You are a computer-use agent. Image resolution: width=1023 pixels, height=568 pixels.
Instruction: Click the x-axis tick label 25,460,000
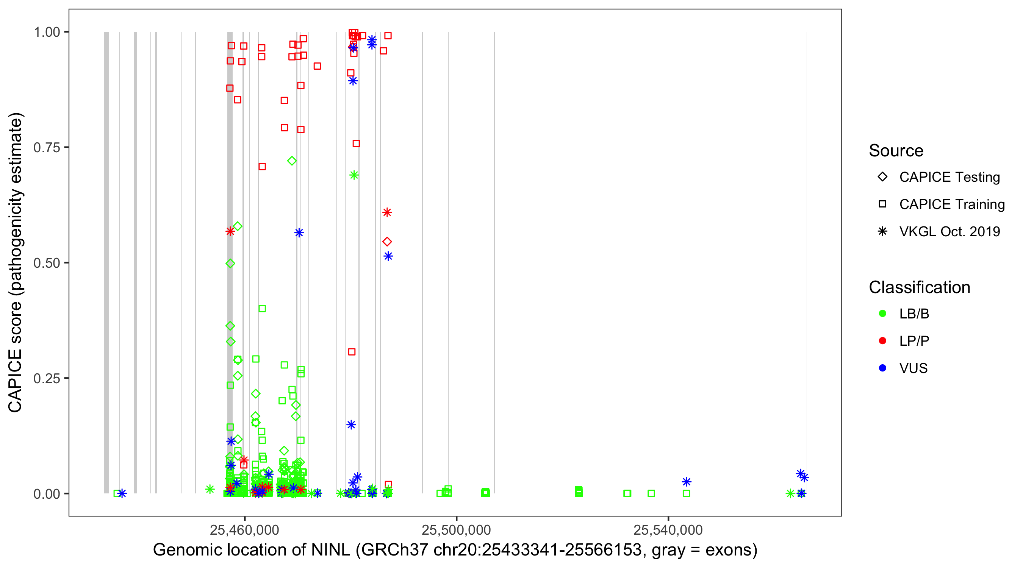(x=244, y=530)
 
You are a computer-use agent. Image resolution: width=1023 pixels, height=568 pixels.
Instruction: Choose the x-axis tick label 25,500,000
(x=456, y=530)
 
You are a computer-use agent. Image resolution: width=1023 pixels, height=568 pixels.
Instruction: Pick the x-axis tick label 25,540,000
(x=668, y=530)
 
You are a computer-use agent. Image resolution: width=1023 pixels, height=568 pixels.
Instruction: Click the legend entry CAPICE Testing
(x=949, y=177)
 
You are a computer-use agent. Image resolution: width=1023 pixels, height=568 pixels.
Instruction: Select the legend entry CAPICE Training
(x=951, y=204)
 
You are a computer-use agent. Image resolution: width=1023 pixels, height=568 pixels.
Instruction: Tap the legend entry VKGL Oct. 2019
(x=949, y=232)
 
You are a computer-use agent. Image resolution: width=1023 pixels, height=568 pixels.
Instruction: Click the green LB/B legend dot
(x=883, y=314)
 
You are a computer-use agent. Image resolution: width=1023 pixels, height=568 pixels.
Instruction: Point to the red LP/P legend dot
(x=883, y=341)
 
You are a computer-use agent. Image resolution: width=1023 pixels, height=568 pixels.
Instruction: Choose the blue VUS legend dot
(x=883, y=368)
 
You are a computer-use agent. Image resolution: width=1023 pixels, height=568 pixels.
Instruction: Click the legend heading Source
(x=896, y=151)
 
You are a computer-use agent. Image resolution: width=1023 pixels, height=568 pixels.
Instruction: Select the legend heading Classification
(x=919, y=287)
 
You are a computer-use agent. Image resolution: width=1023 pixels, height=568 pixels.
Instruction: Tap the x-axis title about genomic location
(x=455, y=550)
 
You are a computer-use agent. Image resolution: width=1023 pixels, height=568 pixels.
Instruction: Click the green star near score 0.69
(x=354, y=175)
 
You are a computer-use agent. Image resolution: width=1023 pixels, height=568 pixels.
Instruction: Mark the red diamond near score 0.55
(x=387, y=242)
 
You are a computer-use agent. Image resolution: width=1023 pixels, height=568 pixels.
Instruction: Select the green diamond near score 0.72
(x=292, y=161)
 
